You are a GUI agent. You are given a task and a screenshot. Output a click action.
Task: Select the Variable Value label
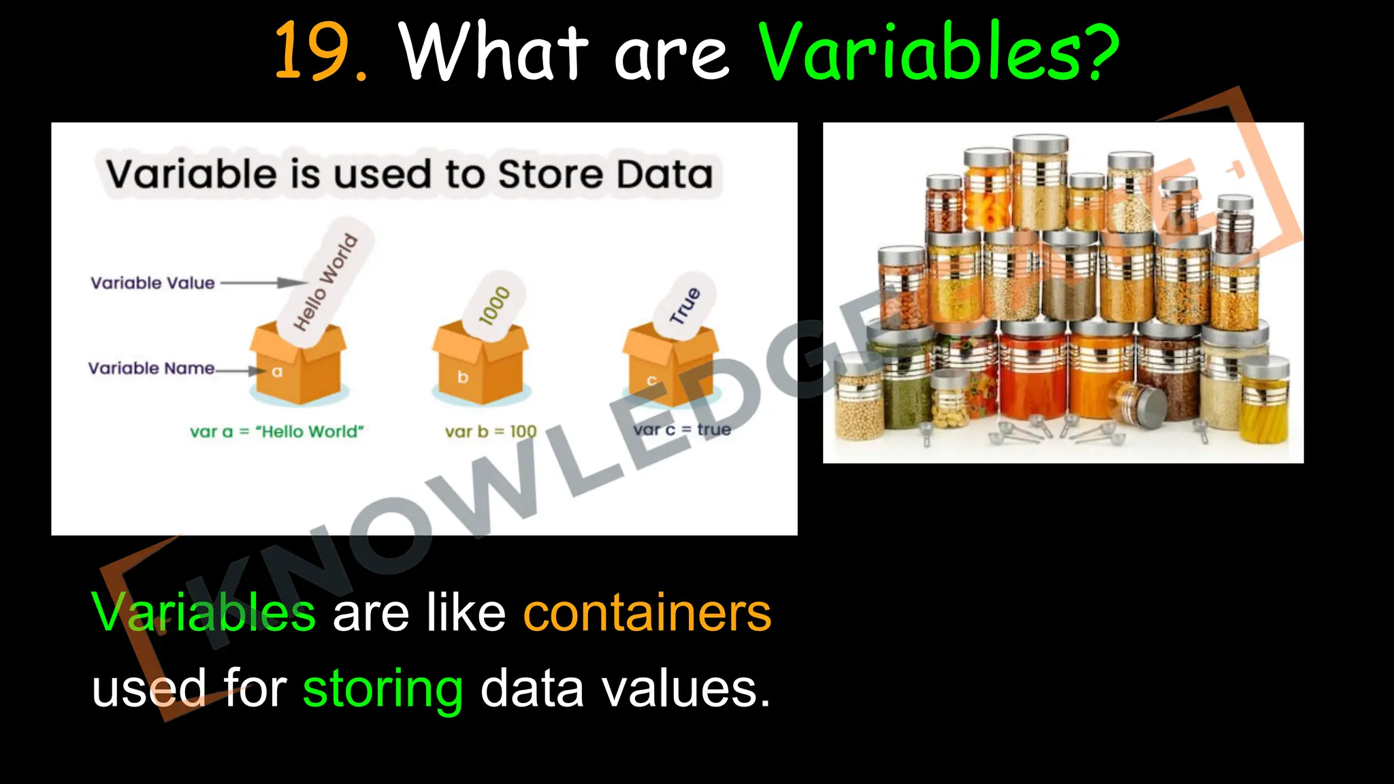152,283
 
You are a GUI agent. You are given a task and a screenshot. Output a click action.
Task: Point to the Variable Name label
151,368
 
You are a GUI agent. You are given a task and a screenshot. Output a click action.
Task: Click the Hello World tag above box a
325,282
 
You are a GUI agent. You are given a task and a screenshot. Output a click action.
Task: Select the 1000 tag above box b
494,306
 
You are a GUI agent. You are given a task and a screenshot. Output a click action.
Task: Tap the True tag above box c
685,306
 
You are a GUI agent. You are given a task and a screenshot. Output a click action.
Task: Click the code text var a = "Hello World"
277,431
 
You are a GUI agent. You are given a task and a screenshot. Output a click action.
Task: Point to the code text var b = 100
491,431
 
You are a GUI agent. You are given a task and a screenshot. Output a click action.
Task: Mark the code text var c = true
682,430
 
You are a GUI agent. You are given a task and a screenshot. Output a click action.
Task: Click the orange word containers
647,613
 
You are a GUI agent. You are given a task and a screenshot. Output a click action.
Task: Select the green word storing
383,689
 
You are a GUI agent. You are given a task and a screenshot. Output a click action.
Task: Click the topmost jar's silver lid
1040,144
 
